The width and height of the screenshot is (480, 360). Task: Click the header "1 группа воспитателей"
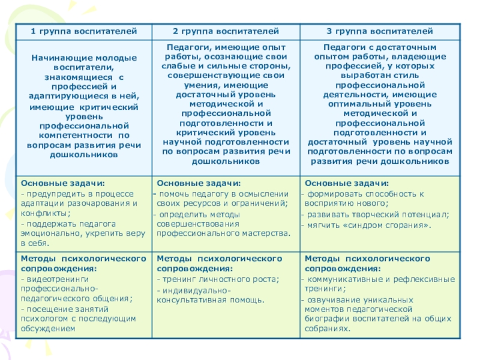tap(84, 30)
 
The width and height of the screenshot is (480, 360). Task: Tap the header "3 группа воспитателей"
tap(379, 30)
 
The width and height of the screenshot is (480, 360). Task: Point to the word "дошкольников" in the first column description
tap(84, 154)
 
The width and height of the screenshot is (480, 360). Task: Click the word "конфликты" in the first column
tap(41, 213)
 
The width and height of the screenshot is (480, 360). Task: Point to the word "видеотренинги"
tap(55, 279)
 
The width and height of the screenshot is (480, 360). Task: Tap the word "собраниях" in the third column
tap(326, 328)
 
